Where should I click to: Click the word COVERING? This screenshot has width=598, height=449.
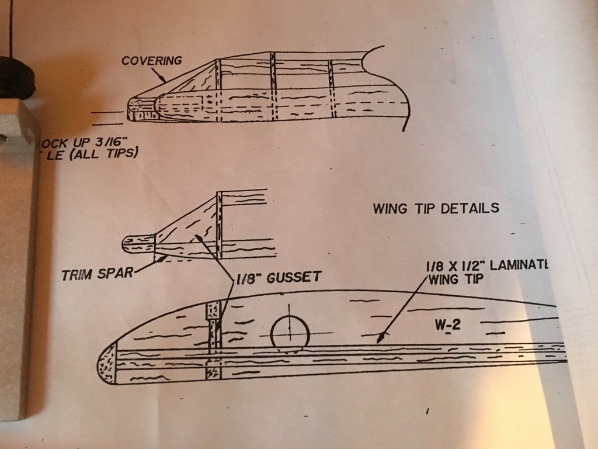click(152, 60)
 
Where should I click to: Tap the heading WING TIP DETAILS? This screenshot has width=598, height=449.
click(436, 208)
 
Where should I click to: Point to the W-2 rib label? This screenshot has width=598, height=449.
click(447, 326)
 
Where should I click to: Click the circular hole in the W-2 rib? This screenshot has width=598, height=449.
click(290, 335)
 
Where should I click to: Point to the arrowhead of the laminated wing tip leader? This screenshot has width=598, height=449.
click(380, 337)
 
